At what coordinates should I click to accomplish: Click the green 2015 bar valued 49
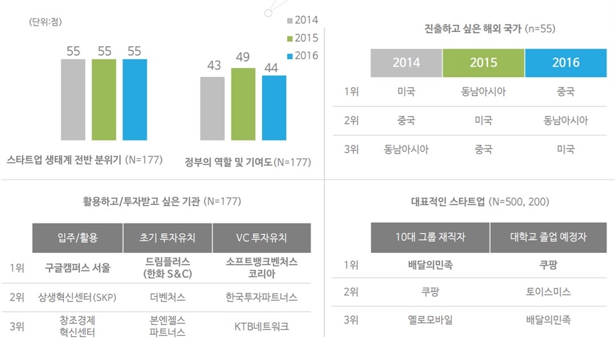[x=243, y=104]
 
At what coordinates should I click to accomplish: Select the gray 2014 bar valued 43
[x=212, y=108]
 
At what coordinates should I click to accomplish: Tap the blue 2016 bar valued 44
[x=274, y=108]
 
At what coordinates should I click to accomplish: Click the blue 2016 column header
[x=565, y=63]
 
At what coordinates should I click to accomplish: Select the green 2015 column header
[x=483, y=63]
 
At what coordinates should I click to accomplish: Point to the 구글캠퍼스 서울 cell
[x=77, y=268]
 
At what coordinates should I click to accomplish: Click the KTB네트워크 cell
[x=261, y=326]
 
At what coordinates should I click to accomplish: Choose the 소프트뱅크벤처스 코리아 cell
[x=261, y=268]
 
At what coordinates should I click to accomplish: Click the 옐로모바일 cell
[x=430, y=320]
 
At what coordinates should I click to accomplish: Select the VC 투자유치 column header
[x=261, y=238]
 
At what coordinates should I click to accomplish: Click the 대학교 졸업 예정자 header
[x=548, y=238]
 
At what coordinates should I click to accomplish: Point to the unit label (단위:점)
[x=45, y=22]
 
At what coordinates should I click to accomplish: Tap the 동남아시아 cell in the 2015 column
[x=483, y=92]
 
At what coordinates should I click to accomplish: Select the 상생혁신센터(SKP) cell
[x=77, y=297]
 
